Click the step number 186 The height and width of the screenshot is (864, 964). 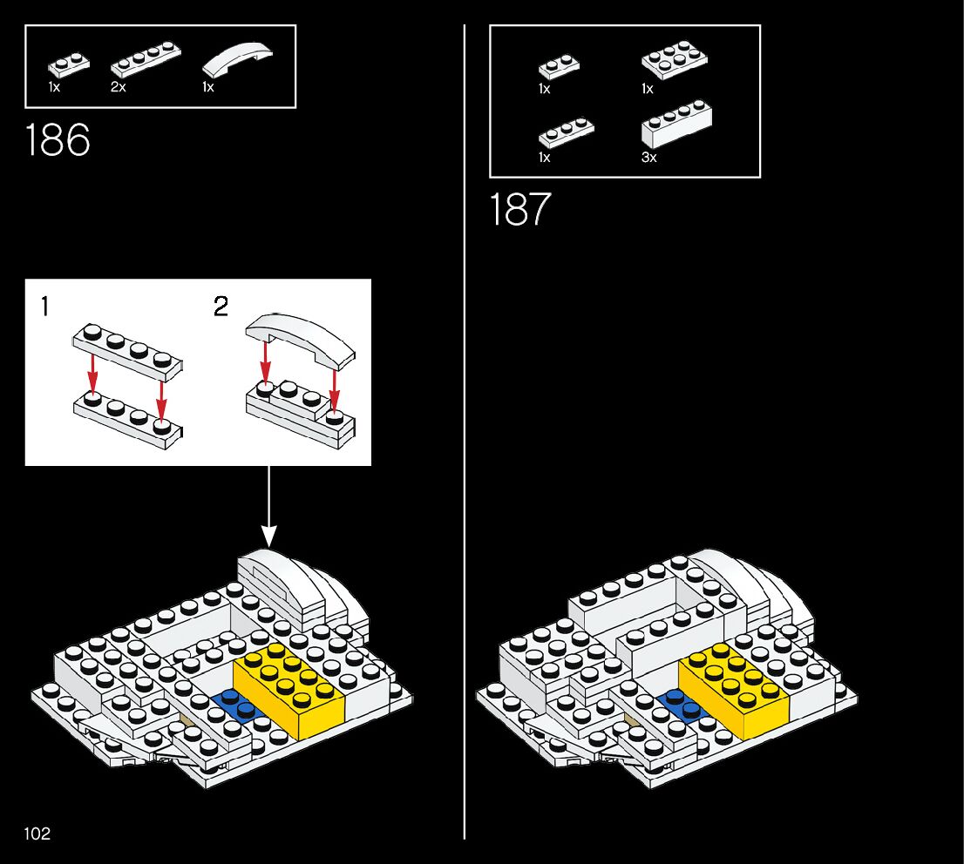click(58, 140)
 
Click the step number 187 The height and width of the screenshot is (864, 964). click(520, 210)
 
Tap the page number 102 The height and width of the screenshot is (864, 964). click(37, 834)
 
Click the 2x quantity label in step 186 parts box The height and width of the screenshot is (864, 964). click(118, 88)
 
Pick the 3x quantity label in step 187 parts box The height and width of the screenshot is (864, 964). click(648, 158)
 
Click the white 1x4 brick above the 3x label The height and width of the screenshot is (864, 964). click(676, 126)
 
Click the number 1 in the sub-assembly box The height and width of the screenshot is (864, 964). click(44, 307)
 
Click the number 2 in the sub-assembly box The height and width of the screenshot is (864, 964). click(221, 307)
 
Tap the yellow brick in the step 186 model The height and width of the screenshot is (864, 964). click(288, 689)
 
